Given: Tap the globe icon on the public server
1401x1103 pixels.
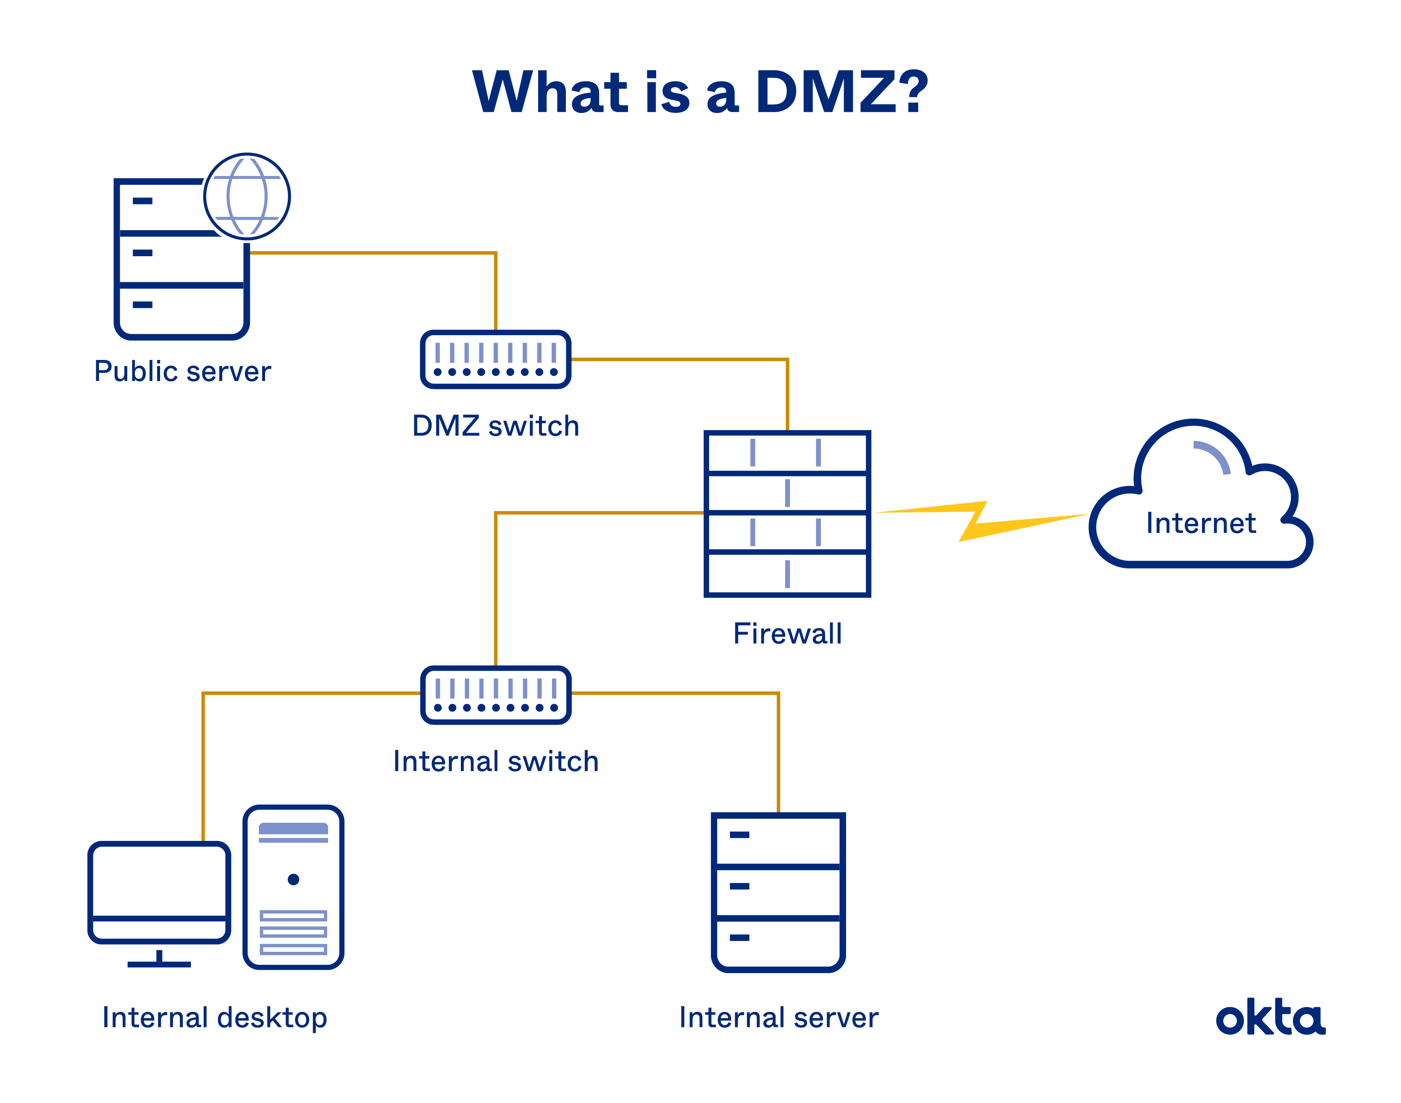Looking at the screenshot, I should pyautogui.click(x=247, y=196).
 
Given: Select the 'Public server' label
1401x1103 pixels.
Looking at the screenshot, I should pyautogui.click(x=182, y=371).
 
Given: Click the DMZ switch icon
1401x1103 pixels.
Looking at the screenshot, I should pyautogui.click(x=495, y=360).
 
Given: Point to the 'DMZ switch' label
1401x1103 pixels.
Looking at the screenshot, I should pyautogui.click(x=495, y=426).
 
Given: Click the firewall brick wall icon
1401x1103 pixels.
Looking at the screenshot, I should pyautogui.click(x=787, y=513).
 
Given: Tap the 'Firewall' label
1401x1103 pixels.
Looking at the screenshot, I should pyautogui.click(x=787, y=633).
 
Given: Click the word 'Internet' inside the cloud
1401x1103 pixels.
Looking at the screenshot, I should pyautogui.click(x=1201, y=523).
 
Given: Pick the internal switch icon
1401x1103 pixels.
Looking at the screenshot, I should pyautogui.click(x=495, y=695).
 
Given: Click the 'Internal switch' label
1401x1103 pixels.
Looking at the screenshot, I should pyautogui.click(x=495, y=762).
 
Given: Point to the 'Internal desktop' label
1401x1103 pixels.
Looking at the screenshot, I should pyautogui.click(x=214, y=1018).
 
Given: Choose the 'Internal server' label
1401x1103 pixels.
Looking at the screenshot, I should pyautogui.click(x=778, y=1018).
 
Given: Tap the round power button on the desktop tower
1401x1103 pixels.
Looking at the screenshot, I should pyautogui.click(x=293, y=880).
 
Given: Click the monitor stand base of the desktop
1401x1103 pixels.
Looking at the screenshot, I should pyautogui.click(x=159, y=964).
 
